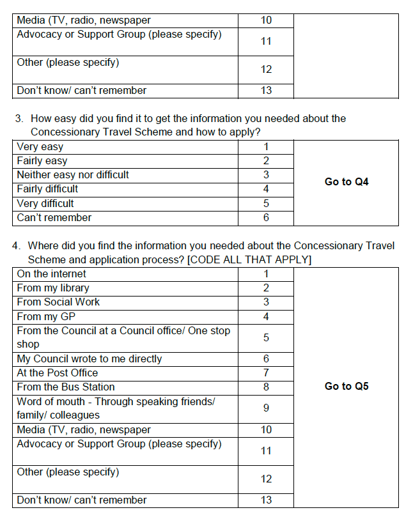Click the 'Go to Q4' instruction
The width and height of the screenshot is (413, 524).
(x=347, y=182)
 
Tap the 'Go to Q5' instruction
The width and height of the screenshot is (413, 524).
(x=347, y=387)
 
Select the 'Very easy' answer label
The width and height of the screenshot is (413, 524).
(x=40, y=147)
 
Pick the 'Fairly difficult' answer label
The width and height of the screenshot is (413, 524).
(x=47, y=189)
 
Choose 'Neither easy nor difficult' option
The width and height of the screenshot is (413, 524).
(x=73, y=175)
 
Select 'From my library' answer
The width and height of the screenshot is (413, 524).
(x=53, y=288)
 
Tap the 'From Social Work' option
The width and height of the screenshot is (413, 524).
(x=58, y=302)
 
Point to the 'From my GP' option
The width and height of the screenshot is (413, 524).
(x=47, y=316)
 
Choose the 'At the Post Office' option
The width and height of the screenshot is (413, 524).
(x=58, y=373)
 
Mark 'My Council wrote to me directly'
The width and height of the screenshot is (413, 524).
(x=90, y=359)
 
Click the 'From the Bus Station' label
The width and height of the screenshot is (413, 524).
(x=66, y=387)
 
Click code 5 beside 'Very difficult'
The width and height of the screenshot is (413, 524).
(x=266, y=204)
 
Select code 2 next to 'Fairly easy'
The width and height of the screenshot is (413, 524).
(x=266, y=161)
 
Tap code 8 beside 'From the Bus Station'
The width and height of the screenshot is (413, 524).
(x=266, y=387)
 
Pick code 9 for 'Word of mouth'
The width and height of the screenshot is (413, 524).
(x=266, y=408)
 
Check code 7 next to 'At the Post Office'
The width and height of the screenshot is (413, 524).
(x=266, y=373)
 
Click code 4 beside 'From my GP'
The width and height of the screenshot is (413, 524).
(x=266, y=316)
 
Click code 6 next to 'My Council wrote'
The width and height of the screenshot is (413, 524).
(x=266, y=359)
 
